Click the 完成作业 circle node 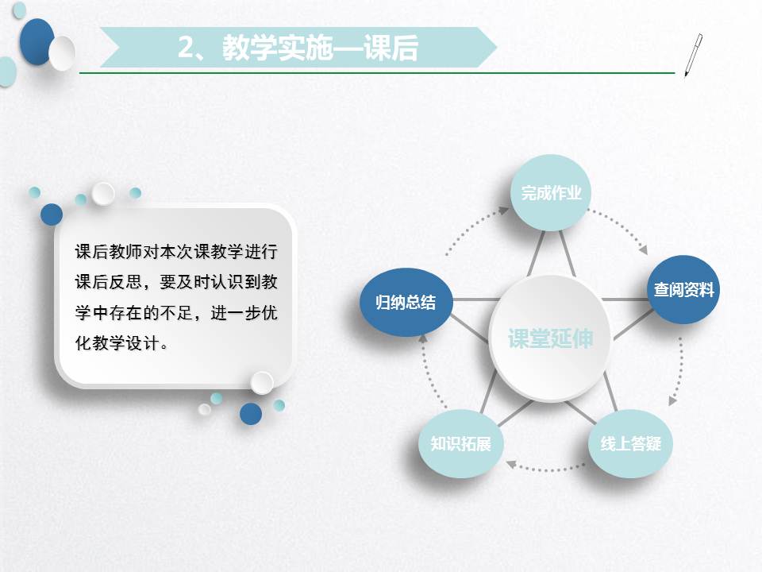coord(551,192)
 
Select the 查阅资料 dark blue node coord(683,289)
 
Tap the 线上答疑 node coord(630,443)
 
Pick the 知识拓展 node coord(460,443)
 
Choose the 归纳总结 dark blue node coord(406,302)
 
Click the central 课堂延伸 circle coord(549,338)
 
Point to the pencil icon coord(694,55)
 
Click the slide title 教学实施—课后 coord(320,48)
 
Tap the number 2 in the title coord(186,48)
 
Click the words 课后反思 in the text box coord(109,282)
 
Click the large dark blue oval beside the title coord(37,42)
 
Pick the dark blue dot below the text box coord(251,413)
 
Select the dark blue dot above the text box coord(52,214)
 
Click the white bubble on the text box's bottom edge coord(262,383)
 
